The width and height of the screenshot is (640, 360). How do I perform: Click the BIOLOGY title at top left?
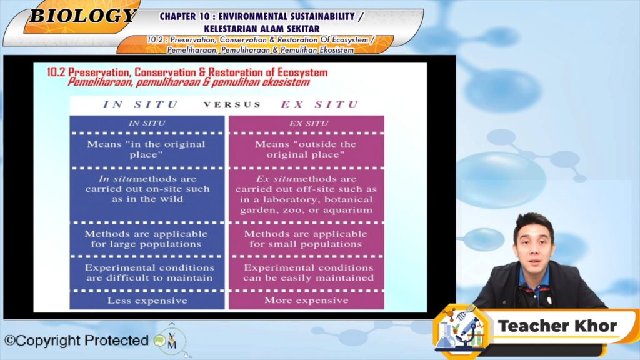pyautogui.click(x=83, y=16)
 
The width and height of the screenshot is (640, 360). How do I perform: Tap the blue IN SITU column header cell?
pyautogui.click(x=147, y=123)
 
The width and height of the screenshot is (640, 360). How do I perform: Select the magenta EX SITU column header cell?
pyautogui.click(x=306, y=123)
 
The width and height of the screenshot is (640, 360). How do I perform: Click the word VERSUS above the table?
pyautogui.click(x=232, y=104)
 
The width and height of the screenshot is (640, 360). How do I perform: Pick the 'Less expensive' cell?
pyautogui.click(x=147, y=301)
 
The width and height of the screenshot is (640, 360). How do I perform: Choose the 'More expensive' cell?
pyautogui.click(x=306, y=301)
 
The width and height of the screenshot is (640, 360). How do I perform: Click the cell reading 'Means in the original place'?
pyautogui.click(x=147, y=149)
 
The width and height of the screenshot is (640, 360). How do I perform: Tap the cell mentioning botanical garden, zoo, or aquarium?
pyautogui.click(x=306, y=195)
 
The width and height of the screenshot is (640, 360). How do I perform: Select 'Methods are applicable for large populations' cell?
pyautogui.click(x=147, y=239)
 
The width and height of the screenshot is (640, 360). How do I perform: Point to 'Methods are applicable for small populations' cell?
pyautogui.click(x=306, y=239)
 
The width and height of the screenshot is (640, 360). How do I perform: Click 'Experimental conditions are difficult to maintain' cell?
pyautogui.click(x=147, y=273)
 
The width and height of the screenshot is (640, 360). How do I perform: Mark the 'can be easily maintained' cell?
pyautogui.click(x=306, y=273)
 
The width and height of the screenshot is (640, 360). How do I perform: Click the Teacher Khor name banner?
pyautogui.click(x=557, y=326)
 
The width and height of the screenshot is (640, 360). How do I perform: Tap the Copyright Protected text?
pyautogui.click(x=76, y=341)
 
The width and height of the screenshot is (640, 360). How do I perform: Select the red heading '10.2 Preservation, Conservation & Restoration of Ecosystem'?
pyautogui.click(x=187, y=72)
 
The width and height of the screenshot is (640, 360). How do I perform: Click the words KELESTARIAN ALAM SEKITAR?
pyautogui.click(x=262, y=29)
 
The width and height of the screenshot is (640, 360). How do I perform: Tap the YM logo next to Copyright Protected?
pyautogui.click(x=171, y=341)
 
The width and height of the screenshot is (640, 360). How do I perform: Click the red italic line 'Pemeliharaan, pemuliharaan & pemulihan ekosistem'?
pyautogui.click(x=189, y=82)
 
